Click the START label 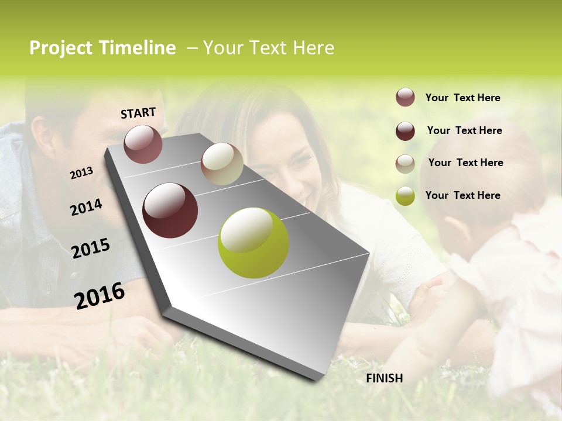pyautogui.click(x=138, y=113)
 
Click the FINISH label pyautogui.click(x=384, y=378)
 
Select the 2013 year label pyautogui.click(x=81, y=173)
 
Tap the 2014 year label pyautogui.click(x=86, y=207)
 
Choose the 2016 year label pyautogui.click(x=100, y=295)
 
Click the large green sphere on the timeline pyautogui.click(x=253, y=243)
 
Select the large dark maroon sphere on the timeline pyautogui.click(x=170, y=210)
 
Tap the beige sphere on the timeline pyautogui.click(x=222, y=164)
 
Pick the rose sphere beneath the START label pyautogui.click(x=143, y=144)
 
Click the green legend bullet pyautogui.click(x=405, y=196)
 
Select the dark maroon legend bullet pyautogui.click(x=405, y=131)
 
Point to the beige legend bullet pyautogui.click(x=405, y=164)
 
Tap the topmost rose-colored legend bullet pyautogui.click(x=405, y=98)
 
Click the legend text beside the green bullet pyautogui.click(x=462, y=195)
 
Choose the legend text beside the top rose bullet pyautogui.click(x=462, y=98)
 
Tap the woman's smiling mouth pyautogui.click(x=307, y=190)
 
